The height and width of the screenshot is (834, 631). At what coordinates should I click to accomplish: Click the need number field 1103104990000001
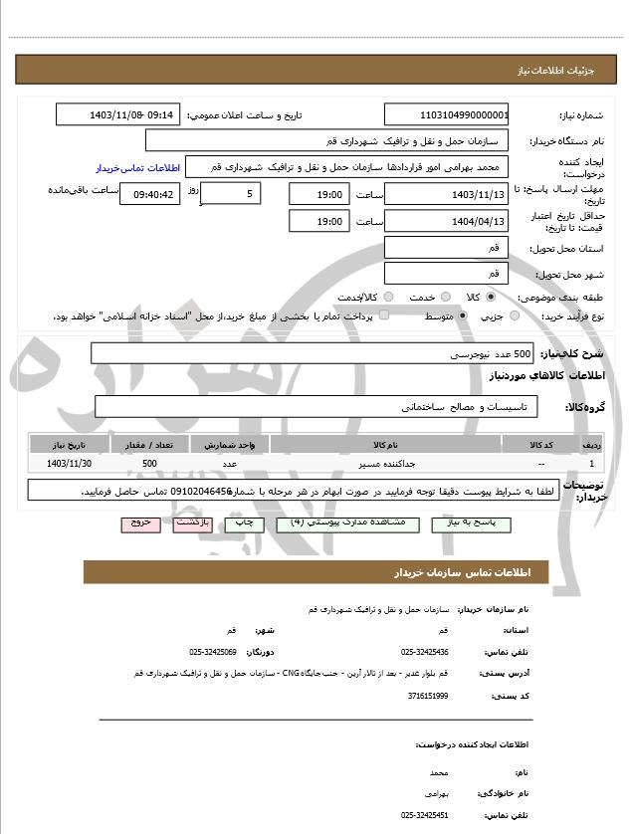coord(447,114)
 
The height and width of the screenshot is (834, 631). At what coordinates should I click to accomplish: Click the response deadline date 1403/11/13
coord(447,194)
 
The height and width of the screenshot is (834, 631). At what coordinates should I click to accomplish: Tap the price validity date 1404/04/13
coord(447,221)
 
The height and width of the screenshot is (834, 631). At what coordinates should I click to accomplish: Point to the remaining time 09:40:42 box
coord(149,194)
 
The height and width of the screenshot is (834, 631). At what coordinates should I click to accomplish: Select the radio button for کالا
coord(491,297)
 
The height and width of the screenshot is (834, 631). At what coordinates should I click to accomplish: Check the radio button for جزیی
coord(515,315)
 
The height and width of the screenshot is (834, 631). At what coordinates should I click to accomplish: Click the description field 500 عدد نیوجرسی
coord(312,353)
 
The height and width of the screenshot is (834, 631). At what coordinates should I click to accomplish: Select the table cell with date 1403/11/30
coord(70,464)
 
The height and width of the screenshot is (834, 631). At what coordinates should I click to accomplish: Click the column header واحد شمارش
coord(229,445)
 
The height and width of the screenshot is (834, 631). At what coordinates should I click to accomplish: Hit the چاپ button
coord(242,522)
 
